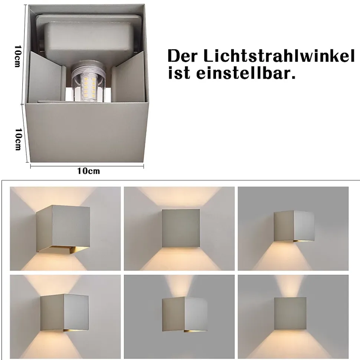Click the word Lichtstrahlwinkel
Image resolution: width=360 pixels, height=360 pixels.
(x=279, y=56)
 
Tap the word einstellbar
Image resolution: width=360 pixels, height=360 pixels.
(x=246, y=73)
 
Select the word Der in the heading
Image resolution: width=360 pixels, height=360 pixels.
(x=183, y=56)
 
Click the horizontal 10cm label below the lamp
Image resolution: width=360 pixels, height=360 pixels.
(x=88, y=171)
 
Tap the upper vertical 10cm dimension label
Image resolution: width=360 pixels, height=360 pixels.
(x=18, y=56)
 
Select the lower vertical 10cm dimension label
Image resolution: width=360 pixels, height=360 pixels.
(x=18, y=139)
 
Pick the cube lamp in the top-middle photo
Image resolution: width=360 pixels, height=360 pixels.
(x=181, y=228)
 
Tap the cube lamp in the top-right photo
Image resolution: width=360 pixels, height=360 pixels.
(x=294, y=226)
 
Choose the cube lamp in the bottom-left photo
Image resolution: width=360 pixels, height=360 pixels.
(x=64, y=313)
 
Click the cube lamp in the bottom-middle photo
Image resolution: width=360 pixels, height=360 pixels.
(x=184, y=314)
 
